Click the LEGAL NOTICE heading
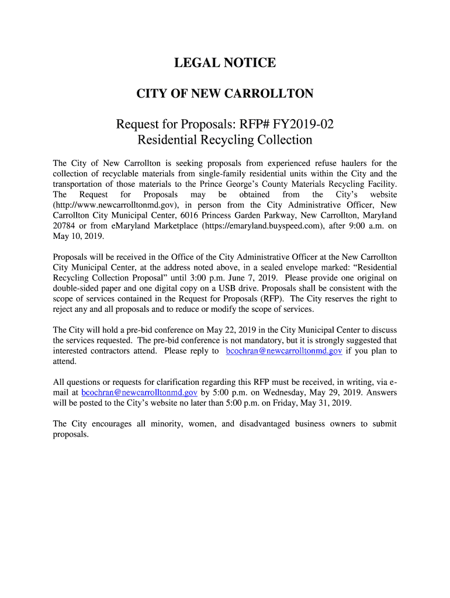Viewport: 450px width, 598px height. click(224, 63)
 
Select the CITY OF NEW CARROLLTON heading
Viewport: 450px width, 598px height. click(224, 93)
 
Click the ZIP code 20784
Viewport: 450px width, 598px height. click(64, 226)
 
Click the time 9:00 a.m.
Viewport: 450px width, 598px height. click(363, 226)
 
